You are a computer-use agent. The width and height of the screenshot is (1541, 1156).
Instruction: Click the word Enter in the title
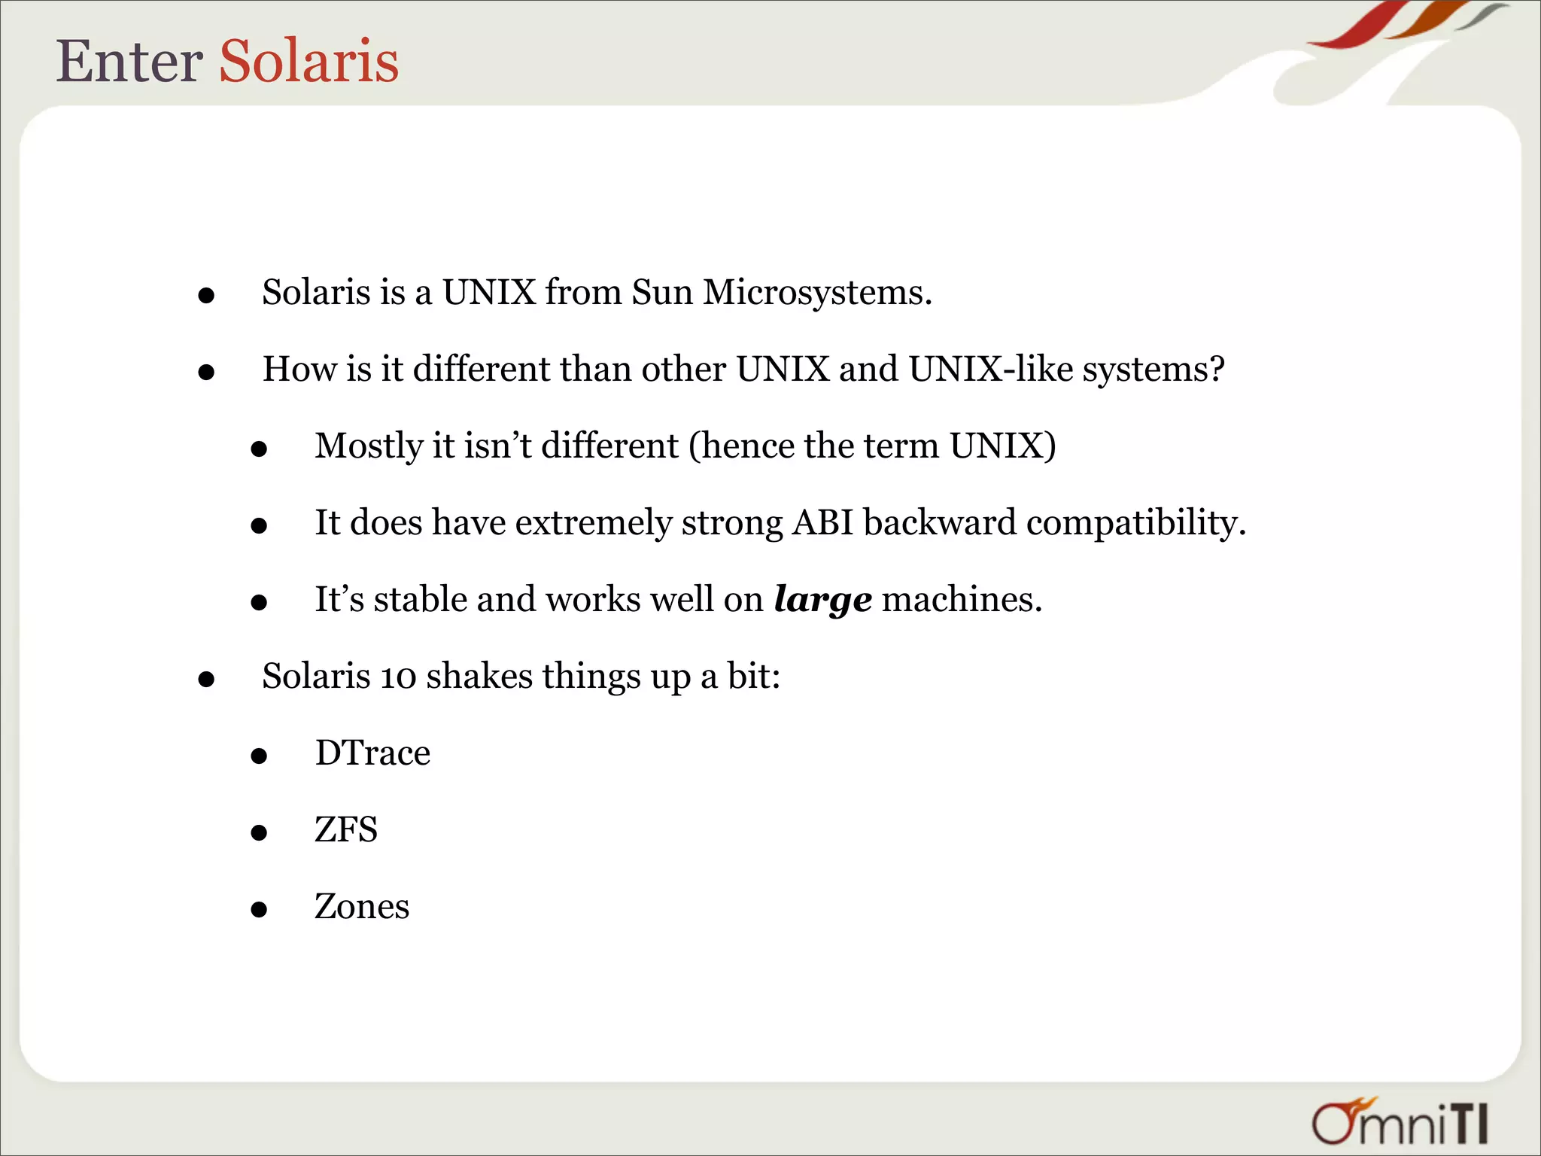coord(129,61)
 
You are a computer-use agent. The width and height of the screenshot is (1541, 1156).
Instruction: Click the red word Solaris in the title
coord(309,61)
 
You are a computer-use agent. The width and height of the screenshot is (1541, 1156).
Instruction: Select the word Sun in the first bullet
coord(661,292)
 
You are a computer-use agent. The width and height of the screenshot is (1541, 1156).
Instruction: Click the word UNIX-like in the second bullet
coord(990,369)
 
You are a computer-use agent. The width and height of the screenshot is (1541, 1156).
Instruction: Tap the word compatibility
coord(1135,524)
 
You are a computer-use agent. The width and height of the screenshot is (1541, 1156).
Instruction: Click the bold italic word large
coord(822,601)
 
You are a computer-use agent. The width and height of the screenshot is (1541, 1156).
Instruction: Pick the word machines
coord(961,600)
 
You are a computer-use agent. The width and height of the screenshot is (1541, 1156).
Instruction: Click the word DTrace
coord(372,753)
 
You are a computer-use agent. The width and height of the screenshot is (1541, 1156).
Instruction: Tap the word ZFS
coord(346,830)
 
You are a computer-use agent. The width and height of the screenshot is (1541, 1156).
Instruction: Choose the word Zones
coord(362,907)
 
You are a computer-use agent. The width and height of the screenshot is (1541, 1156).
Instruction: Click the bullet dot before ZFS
coord(259,832)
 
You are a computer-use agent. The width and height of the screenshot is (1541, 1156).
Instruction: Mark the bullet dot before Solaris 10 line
coord(206,680)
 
